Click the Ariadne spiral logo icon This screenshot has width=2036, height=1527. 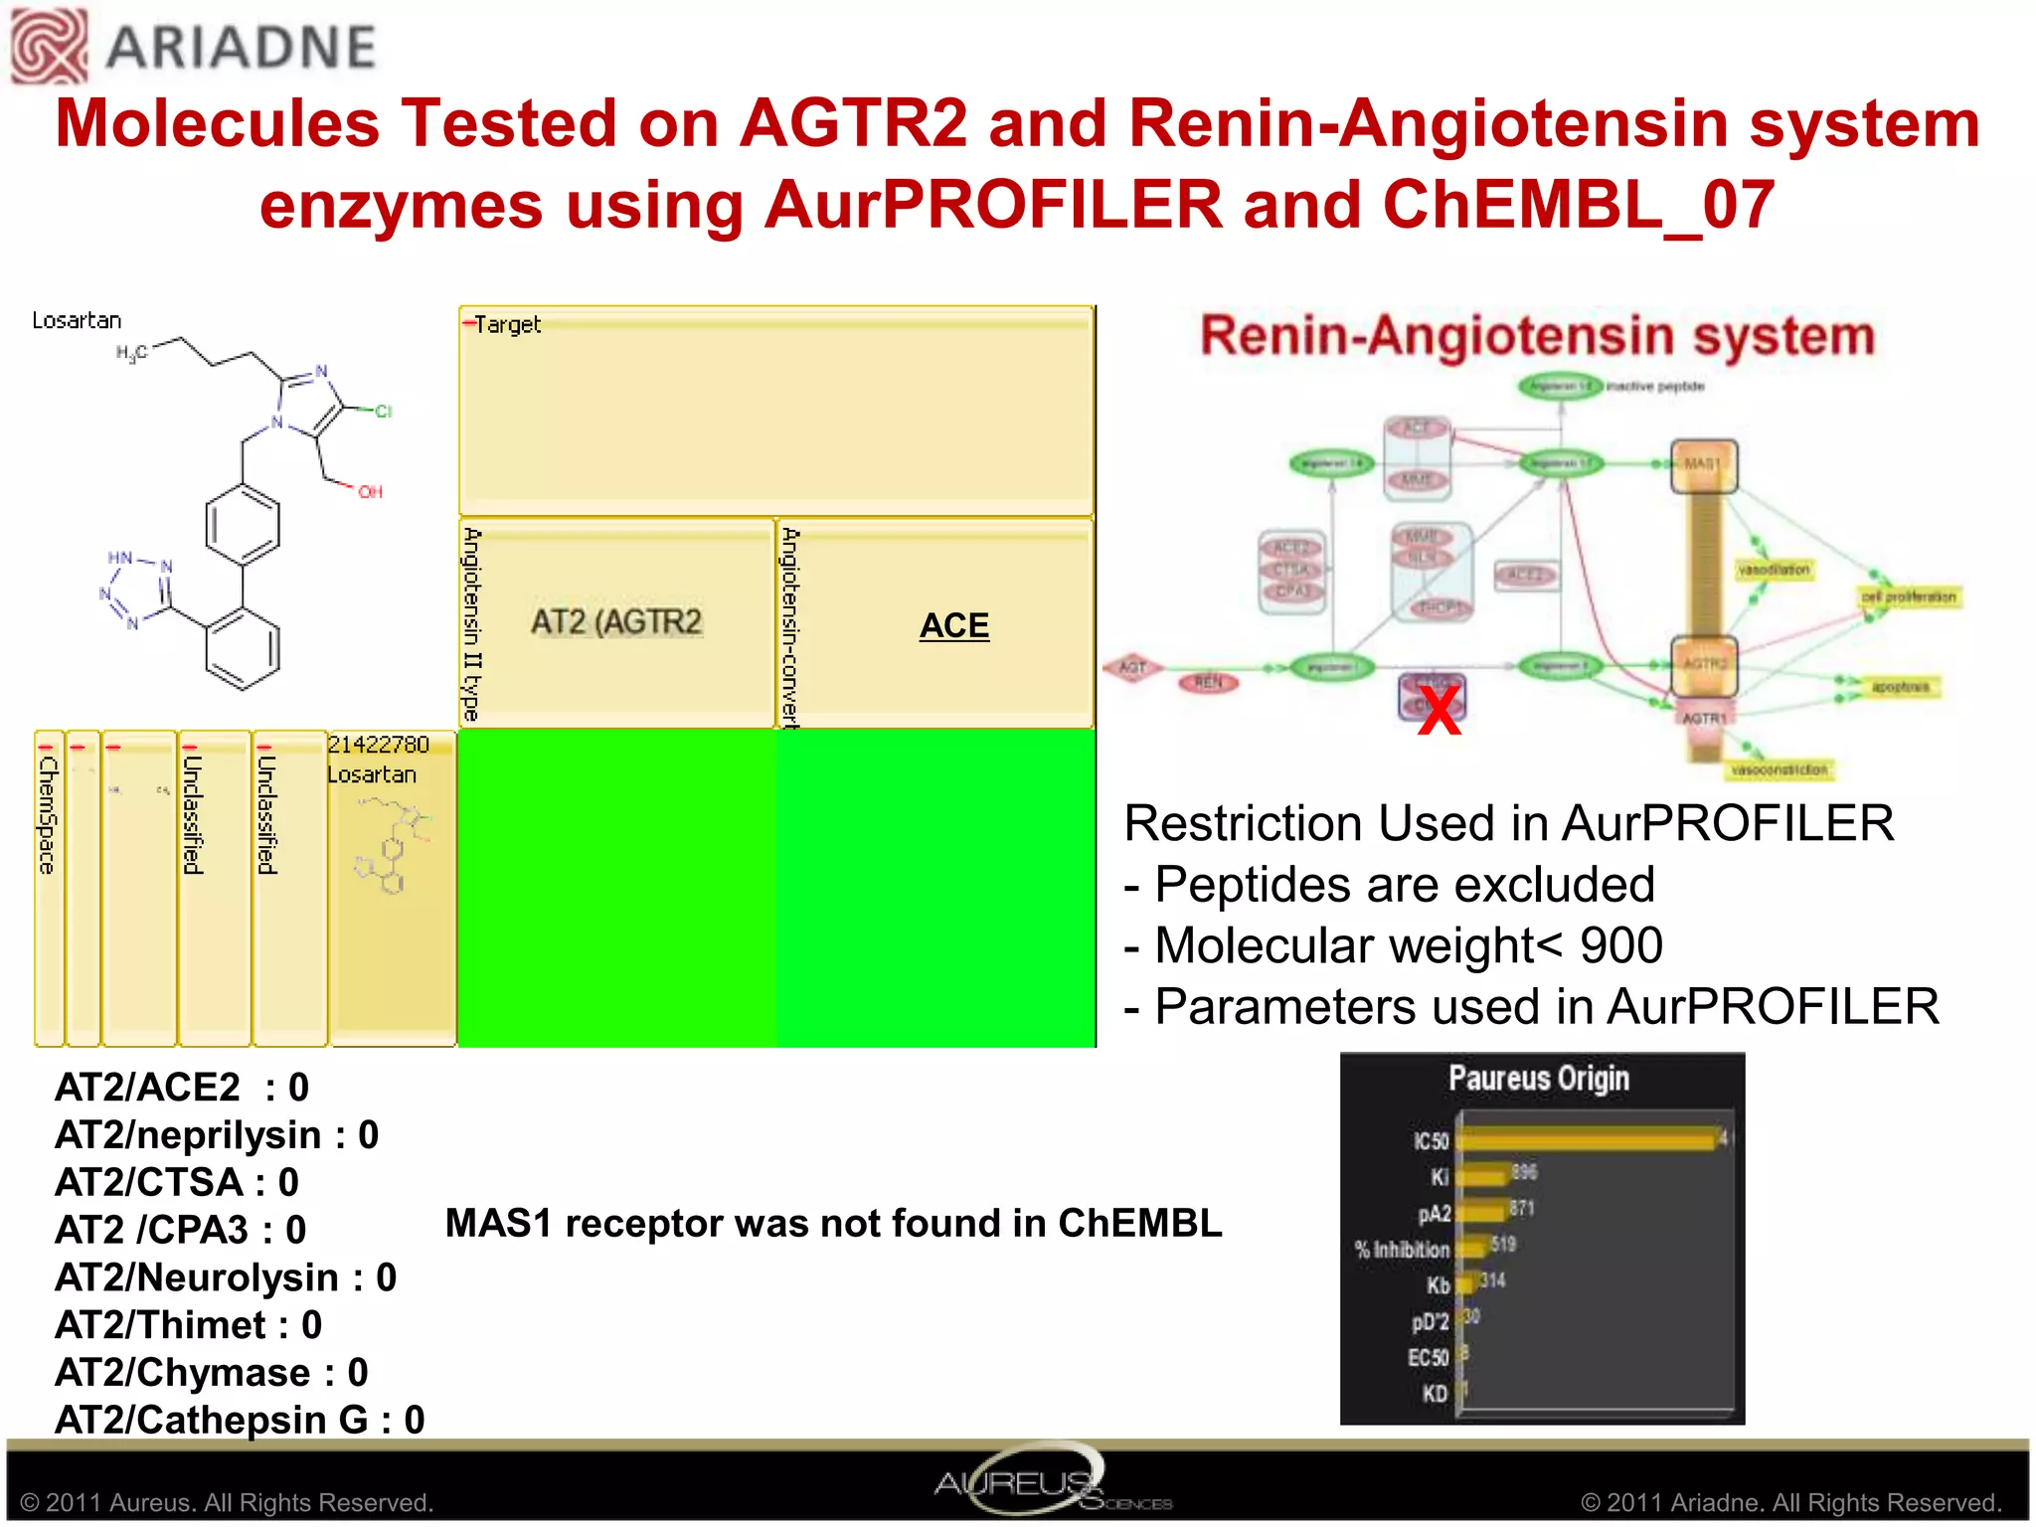48,46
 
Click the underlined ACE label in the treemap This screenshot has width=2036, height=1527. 953,625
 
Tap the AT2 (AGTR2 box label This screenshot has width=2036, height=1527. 616,622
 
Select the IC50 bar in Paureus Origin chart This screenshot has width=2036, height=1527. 1587,1139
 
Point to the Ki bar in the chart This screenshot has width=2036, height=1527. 1482,1176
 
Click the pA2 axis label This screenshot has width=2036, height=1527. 1434,1214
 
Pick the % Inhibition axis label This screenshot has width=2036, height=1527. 1402,1250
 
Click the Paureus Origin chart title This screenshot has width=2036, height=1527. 1538,1079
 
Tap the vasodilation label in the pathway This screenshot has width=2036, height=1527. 1774,570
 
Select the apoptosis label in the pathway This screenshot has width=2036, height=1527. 1900,686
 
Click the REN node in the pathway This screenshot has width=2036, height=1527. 1208,682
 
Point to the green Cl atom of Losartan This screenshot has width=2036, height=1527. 383,411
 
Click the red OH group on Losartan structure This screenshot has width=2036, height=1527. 370,491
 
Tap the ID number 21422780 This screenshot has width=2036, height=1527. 379,745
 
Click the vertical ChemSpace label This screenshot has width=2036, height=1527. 48,815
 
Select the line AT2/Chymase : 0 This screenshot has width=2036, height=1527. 212,1372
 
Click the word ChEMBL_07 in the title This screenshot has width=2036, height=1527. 1578,205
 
